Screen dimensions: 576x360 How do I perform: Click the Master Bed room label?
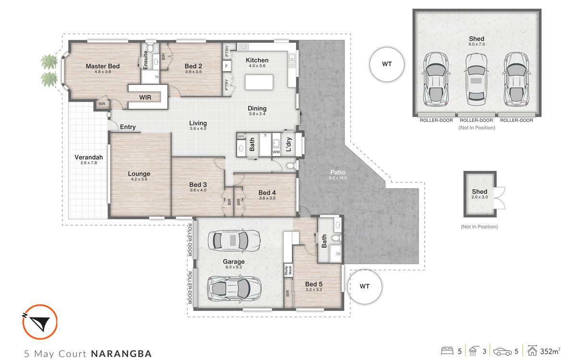point(103,66)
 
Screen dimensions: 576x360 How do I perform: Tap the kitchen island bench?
point(259,82)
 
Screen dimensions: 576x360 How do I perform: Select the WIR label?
point(145,97)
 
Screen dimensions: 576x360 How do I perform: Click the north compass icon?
point(40,322)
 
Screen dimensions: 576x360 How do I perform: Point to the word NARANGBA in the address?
point(121,354)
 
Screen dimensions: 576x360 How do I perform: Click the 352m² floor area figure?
point(550,351)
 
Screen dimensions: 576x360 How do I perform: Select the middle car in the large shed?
point(477,80)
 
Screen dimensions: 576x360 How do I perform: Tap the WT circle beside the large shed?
point(387,64)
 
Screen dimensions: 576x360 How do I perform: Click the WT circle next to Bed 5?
point(365,287)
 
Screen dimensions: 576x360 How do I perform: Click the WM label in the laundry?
point(276,152)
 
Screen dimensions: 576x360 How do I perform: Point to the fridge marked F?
point(227,66)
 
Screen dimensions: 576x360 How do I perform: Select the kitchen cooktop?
point(243,47)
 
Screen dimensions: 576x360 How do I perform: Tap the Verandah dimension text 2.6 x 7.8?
point(89,163)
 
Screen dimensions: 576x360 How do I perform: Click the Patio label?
point(338,172)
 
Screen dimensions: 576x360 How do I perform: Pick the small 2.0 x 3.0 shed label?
point(480,194)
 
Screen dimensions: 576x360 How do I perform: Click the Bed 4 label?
point(267,192)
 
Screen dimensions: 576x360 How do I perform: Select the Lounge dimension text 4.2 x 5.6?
point(139,179)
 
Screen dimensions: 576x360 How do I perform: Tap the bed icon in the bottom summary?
point(447,351)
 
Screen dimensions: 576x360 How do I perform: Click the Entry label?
point(128,127)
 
